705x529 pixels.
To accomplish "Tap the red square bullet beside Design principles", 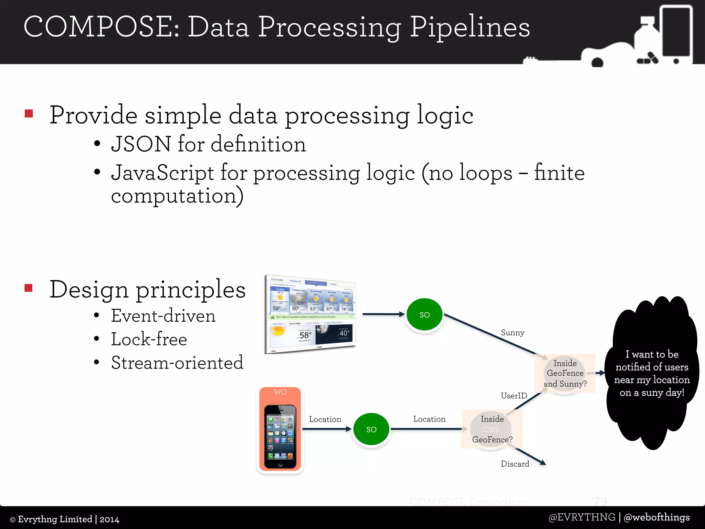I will click(29, 288).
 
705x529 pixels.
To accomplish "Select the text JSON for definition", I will click(208, 144).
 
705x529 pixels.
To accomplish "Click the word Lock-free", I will click(149, 340).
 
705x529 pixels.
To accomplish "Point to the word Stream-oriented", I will click(177, 363).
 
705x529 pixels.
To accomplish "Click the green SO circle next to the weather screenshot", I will click(424, 314).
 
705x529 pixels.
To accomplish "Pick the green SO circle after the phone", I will click(371, 429).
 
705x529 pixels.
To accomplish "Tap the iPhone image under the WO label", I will click(280, 437).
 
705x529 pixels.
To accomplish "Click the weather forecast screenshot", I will click(311, 314).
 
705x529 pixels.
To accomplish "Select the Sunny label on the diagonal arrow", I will click(513, 333).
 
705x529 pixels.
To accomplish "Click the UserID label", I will click(514, 396).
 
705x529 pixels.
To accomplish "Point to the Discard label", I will click(515, 464).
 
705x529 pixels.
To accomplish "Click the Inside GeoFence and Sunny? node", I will click(565, 373).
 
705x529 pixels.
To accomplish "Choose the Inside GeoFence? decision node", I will click(492, 429).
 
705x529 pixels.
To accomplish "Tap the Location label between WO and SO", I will click(325, 419).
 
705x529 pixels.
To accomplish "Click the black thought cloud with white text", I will click(652, 373).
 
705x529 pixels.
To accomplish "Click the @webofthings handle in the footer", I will click(656, 517).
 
